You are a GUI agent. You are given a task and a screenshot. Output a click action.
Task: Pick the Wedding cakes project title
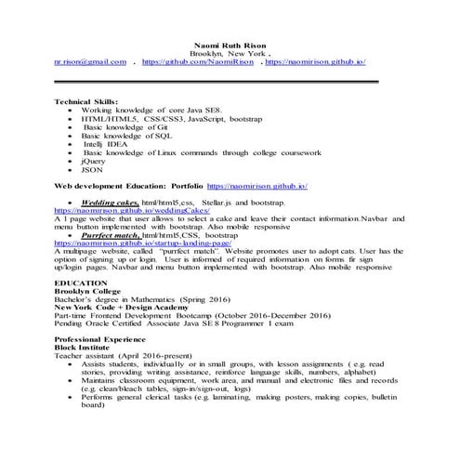tap(109, 201)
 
